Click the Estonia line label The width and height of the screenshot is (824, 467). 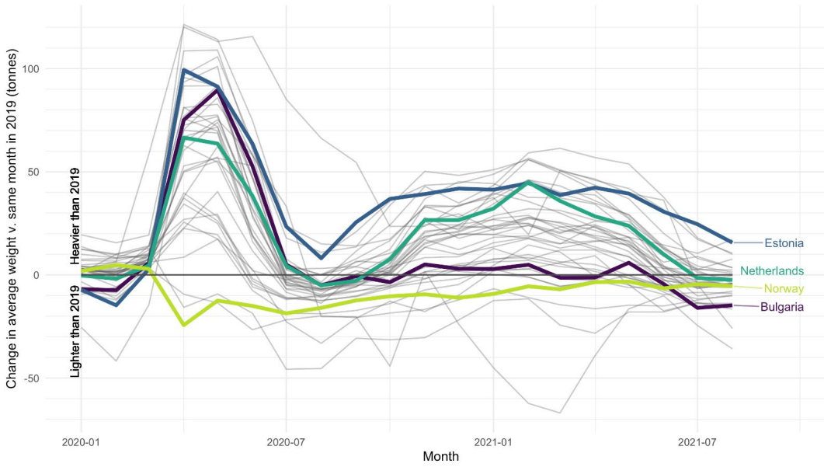click(x=784, y=244)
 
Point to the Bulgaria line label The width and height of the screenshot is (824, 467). click(x=781, y=308)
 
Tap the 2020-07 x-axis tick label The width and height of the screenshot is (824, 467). click(x=287, y=443)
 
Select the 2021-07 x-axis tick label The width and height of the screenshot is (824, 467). click(x=697, y=443)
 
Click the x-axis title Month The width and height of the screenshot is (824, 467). click(x=440, y=457)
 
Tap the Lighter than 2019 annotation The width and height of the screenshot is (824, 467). click(x=75, y=332)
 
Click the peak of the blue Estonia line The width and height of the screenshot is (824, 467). click(x=184, y=70)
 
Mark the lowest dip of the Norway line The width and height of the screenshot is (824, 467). click(x=184, y=325)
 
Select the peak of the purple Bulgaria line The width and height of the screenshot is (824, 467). click(x=218, y=90)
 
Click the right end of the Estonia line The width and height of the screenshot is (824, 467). click(x=731, y=242)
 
